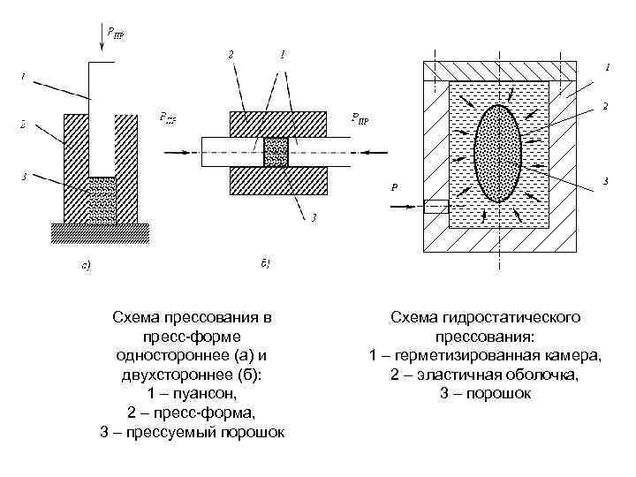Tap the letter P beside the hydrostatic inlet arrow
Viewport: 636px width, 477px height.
[395, 186]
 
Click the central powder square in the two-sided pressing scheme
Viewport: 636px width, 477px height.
[276, 152]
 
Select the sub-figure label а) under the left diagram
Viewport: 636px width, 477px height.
[85, 262]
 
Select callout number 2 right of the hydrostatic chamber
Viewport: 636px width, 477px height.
[604, 107]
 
